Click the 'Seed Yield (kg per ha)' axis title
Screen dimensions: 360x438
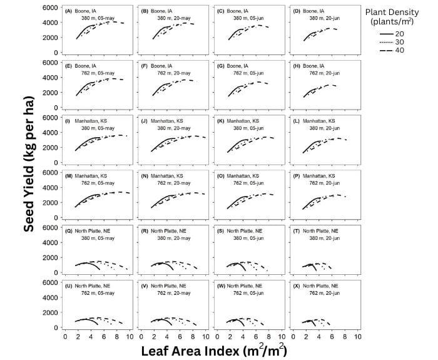29,164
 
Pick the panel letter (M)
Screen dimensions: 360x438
69,176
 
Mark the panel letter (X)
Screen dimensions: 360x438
295,285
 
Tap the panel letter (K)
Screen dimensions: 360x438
220,121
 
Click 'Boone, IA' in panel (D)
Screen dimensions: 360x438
313,11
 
